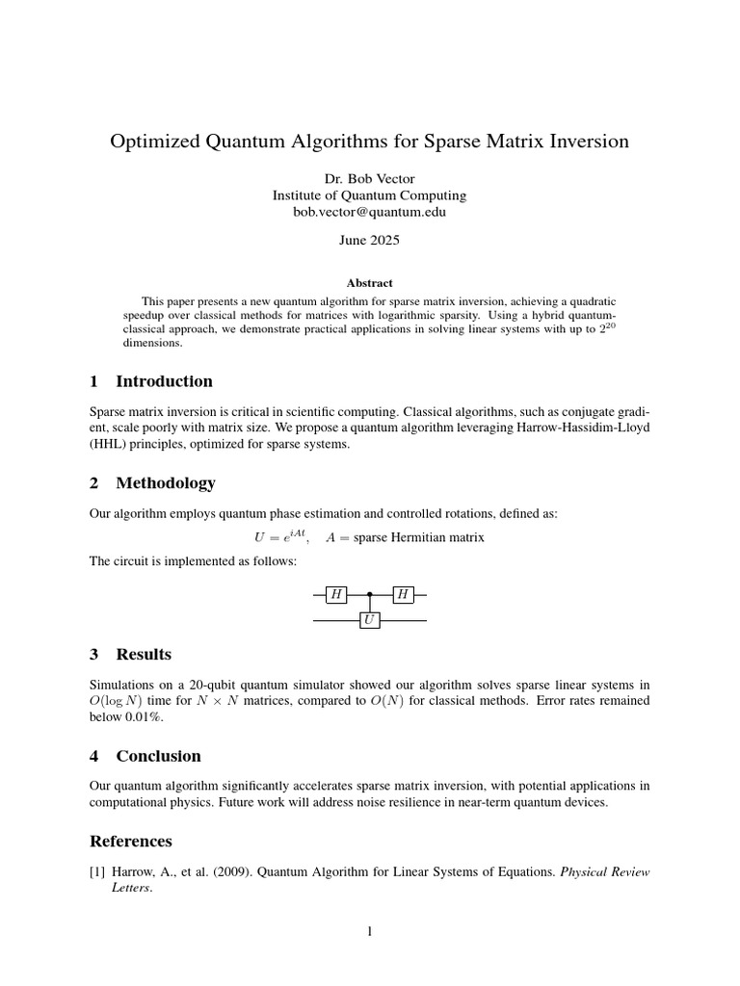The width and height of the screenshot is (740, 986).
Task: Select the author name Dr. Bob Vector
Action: pos(369,178)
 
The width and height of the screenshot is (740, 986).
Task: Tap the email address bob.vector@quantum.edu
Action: pos(369,212)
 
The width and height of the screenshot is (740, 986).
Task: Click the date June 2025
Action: pos(369,242)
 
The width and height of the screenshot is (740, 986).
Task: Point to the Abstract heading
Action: pos(369,283)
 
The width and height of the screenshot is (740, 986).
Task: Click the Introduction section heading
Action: pos(164,380)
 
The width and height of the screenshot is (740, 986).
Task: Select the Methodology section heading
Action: pos(165,482)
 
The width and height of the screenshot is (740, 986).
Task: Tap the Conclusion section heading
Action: pos(158,756)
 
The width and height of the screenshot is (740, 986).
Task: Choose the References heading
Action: pos(130,841)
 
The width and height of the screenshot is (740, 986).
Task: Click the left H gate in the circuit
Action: pos(336,595)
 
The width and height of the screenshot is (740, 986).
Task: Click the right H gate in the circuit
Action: pos(403,595)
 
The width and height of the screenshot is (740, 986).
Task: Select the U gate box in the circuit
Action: pos(369,621)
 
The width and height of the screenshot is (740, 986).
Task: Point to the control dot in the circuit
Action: pos(369,595)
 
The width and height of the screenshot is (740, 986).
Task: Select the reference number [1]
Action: pos(96,872)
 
